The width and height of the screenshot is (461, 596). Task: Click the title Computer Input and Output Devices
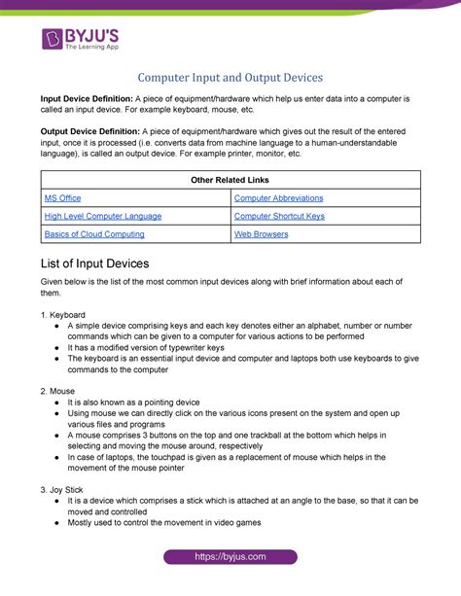point(230,77)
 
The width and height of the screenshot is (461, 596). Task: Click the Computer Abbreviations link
point(278,197)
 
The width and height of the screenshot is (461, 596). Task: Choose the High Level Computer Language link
point(102,216)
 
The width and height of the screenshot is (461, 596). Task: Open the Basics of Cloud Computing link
point(94,234)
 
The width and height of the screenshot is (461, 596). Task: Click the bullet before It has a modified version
point(59,347)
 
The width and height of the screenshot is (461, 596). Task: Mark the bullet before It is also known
point(59,401)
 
